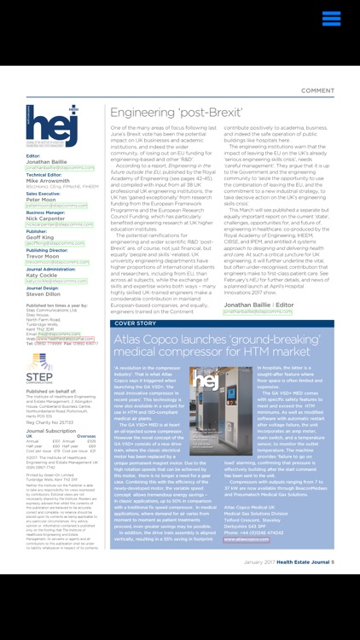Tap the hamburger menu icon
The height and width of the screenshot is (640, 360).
pyautogui.click(x=333, y=19)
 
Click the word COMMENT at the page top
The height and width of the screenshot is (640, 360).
pyautogui.click(x=317, y=90)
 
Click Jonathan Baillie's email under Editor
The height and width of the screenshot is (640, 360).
pyautogui.click(x=55, y=168)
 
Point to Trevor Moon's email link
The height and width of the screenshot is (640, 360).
pyautogui.click(x=55, y=262)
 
